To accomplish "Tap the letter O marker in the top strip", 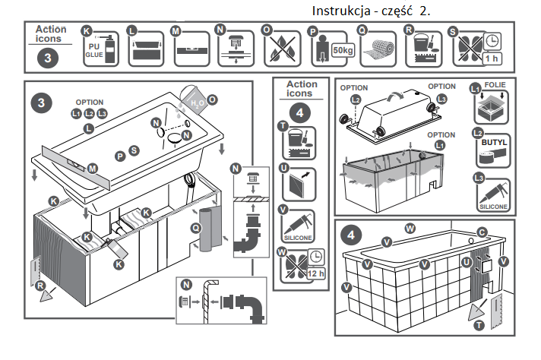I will click(267, 31).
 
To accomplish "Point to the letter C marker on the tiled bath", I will click(482, 231).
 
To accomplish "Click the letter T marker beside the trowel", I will click(478, 324).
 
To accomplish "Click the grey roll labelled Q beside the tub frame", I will click(207, 228).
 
